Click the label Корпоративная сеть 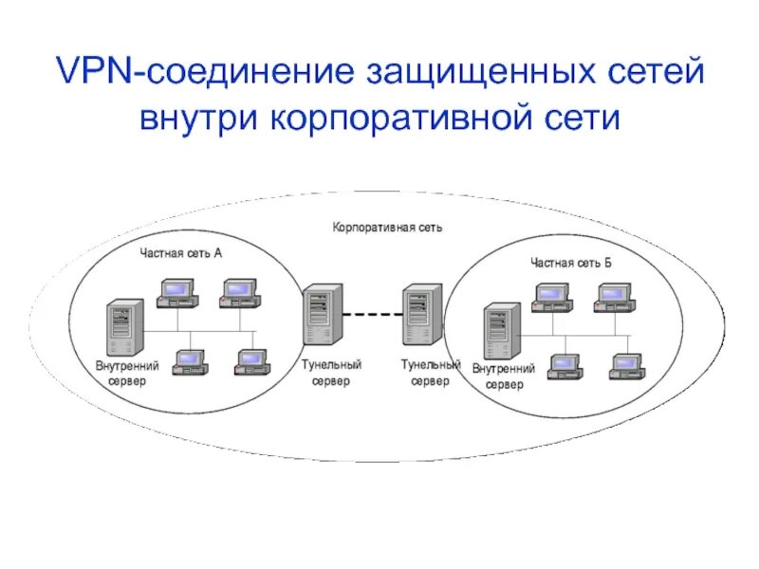tap(387, 228)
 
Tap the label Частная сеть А tap(181, 252)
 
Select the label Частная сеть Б tap(570, 262)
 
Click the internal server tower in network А tap(125, 327)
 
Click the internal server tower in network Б tap(501, 331)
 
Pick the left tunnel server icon tap(320, 318)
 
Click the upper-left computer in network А tap(176, 293)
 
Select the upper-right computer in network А tap(237, 293)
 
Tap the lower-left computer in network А tap(190, 361)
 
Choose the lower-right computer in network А tap(252, 361)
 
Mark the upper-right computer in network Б tap(614, 299)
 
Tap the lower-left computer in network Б tap(564, 366)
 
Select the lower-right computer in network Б tap(626, 366)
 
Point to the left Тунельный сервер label tap(331, 372)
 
